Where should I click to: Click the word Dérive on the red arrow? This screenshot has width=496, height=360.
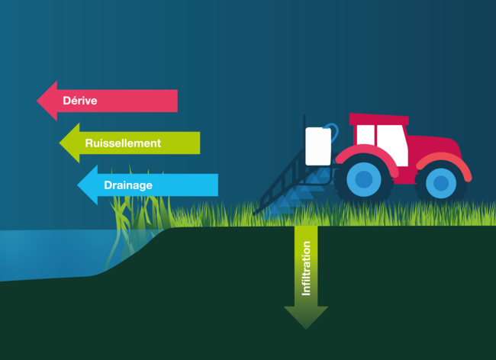pos(80,101)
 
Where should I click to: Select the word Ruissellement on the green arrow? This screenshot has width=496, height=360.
pos(123,143)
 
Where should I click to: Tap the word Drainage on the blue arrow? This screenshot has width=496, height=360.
pos(128,185)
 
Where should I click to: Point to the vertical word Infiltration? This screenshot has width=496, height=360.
pos(306,268)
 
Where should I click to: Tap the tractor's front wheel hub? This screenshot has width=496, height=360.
pos(440,183)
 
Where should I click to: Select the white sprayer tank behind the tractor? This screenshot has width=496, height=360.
pos(318,145)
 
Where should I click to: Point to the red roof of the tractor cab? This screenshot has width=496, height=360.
pos(378,119)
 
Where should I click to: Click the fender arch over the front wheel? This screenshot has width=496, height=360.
pos(443,158)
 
